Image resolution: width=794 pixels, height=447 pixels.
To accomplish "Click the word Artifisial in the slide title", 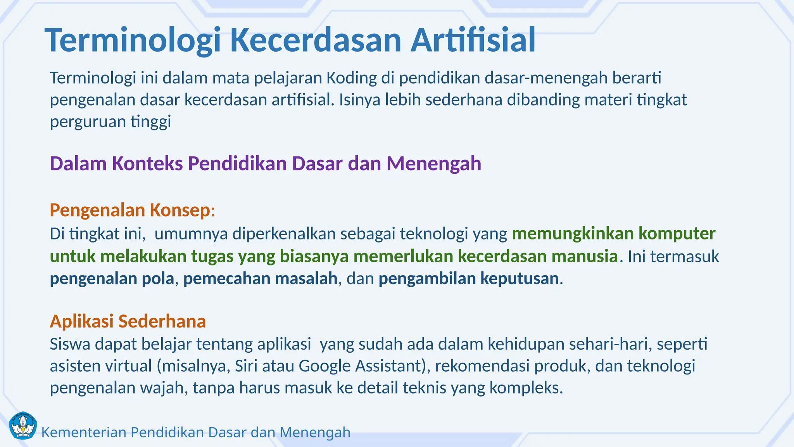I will pyautogui.click(x=473, y=40).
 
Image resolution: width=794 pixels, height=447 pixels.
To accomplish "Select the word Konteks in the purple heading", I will pyautogui.click(x=147, y=163).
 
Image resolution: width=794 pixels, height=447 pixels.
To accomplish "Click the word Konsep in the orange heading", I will pyautogui.click(x=180, y=210).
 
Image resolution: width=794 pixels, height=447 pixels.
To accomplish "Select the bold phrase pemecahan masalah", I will pyautogui.click(x=260, y=279).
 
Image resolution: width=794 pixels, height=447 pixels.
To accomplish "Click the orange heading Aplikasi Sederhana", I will pyautogui.click(x=128, y=321).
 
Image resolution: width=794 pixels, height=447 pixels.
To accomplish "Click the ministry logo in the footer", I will pyautogui.click(x=22, y=426).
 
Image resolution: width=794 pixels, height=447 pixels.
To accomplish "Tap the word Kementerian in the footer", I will pyautogui.click(x=84, y=432).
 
